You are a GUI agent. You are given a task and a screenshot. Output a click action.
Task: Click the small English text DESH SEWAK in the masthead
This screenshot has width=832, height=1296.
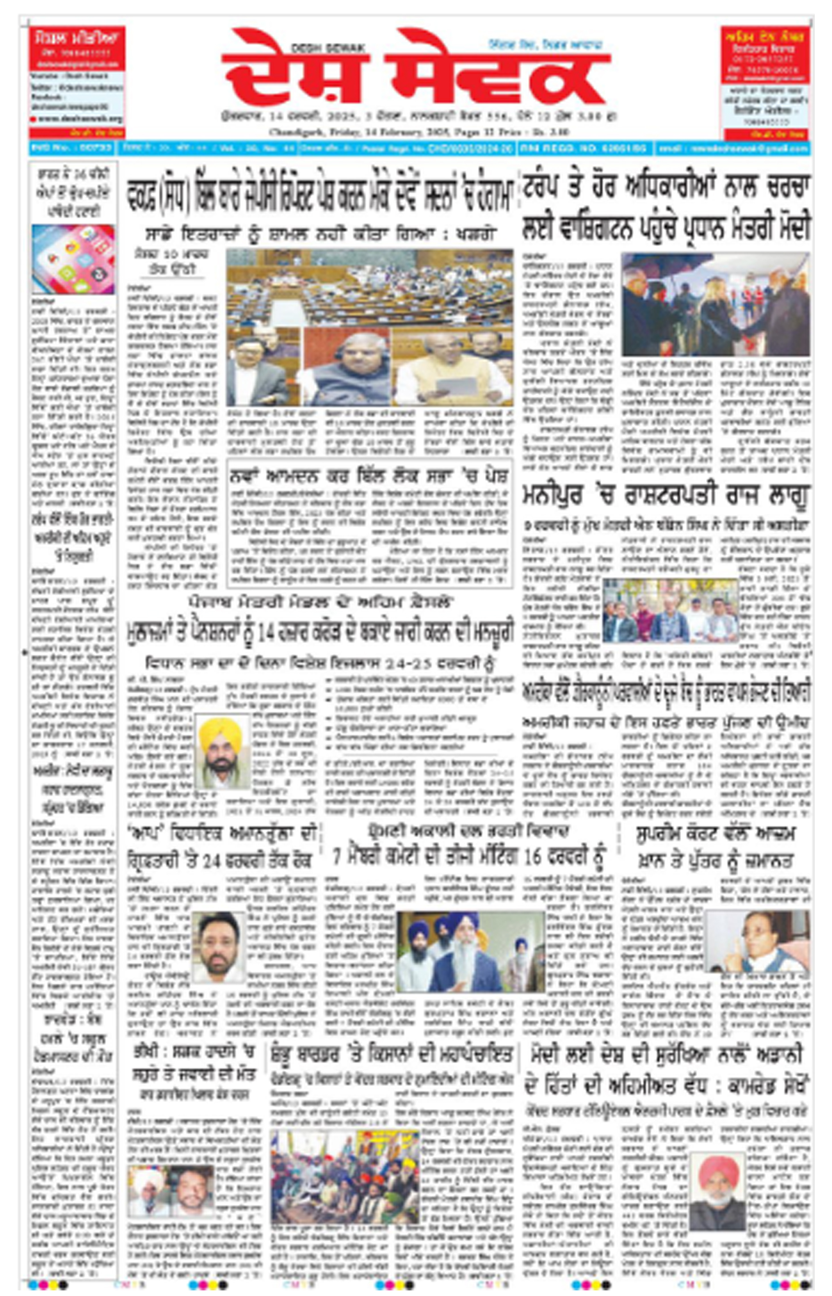pyautogui.click(x=328, y=48)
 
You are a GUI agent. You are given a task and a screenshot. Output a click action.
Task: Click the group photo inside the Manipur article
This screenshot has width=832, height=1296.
pyautogui.click(x=670, y=610)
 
